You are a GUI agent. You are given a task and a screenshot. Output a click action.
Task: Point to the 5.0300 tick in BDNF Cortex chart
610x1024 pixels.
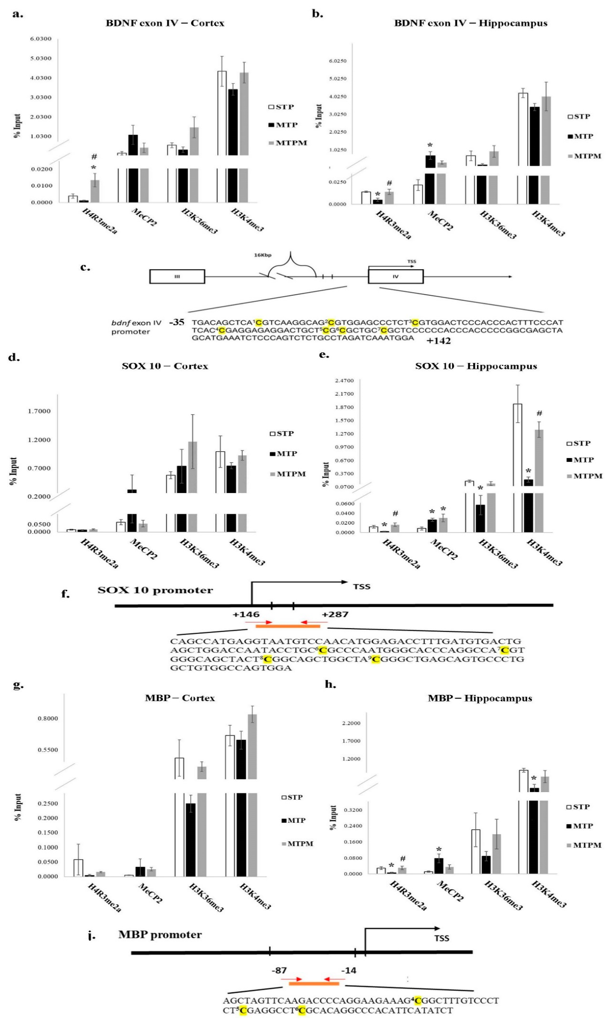pos(40,58)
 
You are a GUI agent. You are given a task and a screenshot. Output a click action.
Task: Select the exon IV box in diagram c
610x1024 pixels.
pos(395,276)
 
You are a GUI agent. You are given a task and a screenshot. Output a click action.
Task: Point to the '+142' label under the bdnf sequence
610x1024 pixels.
pos(439,340)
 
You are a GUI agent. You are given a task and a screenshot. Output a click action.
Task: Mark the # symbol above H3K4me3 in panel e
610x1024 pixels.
pos(539,413)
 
